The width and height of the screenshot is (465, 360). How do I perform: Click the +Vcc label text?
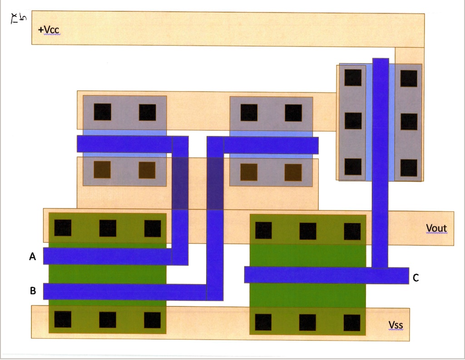49,30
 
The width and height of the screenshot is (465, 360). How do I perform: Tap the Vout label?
436,228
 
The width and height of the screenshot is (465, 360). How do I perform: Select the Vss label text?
396,325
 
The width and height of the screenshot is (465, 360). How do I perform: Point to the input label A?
33,257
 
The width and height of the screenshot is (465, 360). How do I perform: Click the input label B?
33,291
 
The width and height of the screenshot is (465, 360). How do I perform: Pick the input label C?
416,278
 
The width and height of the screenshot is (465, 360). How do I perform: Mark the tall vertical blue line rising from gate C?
381,159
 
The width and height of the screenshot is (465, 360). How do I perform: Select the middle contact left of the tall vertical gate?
353,120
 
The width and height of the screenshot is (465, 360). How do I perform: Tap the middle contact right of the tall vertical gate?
409,121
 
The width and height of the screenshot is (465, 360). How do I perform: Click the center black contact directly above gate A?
108,228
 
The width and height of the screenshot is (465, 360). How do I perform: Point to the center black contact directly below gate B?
108,320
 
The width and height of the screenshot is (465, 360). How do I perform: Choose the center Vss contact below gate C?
307,322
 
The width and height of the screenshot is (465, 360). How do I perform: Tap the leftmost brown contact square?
102,170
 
